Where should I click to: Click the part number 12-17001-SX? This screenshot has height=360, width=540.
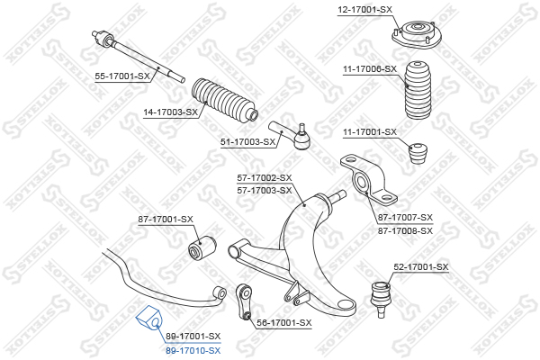tap(364, 10)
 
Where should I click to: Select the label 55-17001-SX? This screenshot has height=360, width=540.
tap(122, 76)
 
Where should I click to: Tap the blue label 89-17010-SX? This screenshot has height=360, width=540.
tap(193, 351)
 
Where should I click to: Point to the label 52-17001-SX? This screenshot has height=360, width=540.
tap(421, 267)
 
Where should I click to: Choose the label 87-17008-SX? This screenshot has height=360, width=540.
tap(405, 230)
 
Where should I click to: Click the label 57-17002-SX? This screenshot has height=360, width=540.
tap(265, 178)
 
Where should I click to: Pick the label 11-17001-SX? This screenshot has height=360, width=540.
tap(370, 132)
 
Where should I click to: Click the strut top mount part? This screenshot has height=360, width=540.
tap(417, 35)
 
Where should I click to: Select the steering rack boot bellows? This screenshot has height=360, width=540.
tap(224, 100)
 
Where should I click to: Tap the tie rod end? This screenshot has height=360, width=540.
tap(292, 135)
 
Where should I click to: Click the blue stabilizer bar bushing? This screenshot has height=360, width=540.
tap(149, 318)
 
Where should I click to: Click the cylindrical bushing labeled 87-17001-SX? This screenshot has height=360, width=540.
tap(202, 247)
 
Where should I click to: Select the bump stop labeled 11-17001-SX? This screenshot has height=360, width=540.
tap(418, 153)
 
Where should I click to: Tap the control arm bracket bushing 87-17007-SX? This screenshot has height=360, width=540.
tap(368, 180)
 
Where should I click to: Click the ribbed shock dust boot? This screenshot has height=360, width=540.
tap(418, 91)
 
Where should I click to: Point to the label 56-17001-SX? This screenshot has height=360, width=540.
tap(284, 323)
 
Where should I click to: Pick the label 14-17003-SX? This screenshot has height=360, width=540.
tap(171, 112)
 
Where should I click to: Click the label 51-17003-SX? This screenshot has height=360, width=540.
tap(248, 142)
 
